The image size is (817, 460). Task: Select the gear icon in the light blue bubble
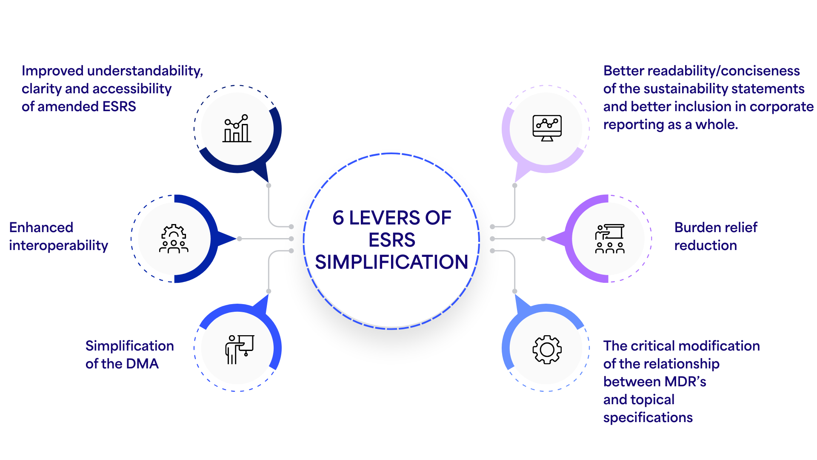(x=547, y=349)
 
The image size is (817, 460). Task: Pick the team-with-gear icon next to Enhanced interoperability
(x=174, y=239)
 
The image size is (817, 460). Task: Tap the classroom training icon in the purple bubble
(x=610, y=239)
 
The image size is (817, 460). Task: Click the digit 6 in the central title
(x=338, y=218)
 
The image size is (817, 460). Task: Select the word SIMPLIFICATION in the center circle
(x=391, y=262)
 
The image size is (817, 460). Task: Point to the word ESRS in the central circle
(x=391, y=240)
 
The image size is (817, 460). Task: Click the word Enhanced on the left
(x=41, y=227)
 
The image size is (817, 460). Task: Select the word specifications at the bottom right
(x=648, y=417)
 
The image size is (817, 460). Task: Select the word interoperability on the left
(x=58, y=246)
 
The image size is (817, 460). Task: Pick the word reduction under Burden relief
(x=705, y=246)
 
